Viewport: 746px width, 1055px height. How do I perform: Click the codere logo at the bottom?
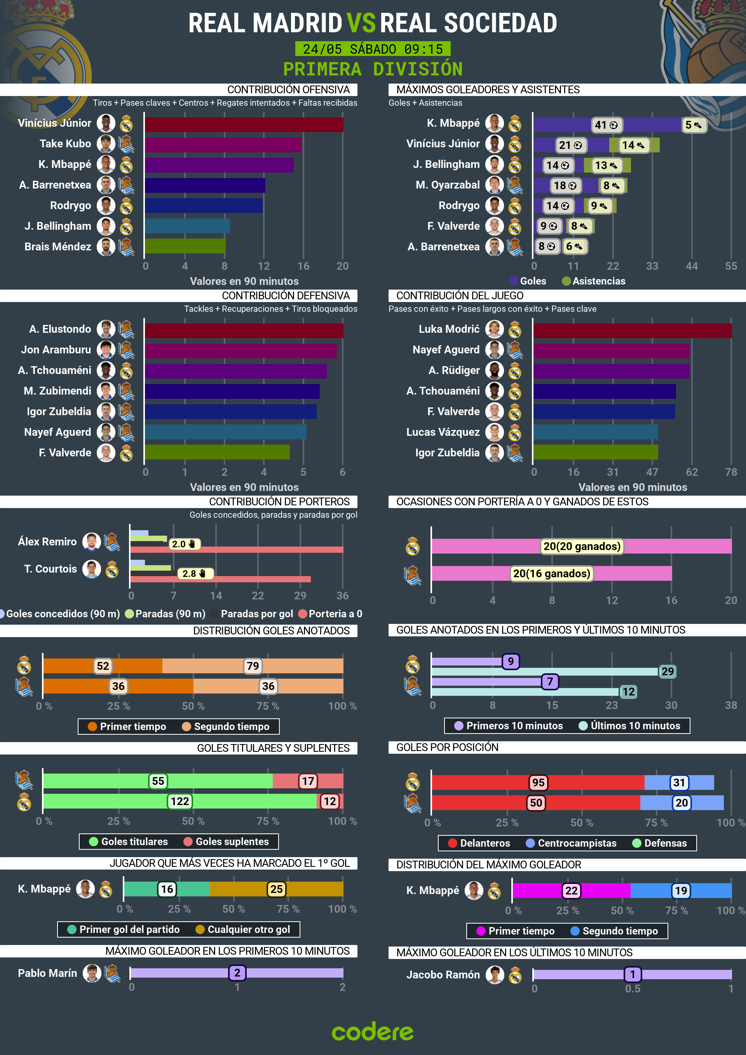point(373,1032)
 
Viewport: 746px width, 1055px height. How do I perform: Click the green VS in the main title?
point(361,23)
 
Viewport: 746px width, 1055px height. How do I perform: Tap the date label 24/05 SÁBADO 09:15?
point(373,49)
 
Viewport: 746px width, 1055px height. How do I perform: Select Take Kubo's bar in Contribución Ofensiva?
point(223,145)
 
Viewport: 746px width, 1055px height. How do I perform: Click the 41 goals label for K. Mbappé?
point(606,125)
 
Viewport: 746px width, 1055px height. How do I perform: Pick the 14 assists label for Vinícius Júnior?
point(633,145)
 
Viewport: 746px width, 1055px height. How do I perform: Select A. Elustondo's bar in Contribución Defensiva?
point(244,330)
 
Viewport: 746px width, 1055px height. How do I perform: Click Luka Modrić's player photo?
point(495,329)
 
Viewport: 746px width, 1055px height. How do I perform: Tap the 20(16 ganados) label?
point(551,573)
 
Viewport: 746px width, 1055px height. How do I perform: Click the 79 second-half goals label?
point(253,666)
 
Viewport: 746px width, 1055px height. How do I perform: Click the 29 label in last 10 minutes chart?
point(667,671)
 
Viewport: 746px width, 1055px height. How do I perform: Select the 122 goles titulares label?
point(180,802)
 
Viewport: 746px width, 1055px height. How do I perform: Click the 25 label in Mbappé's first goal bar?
point(276,889)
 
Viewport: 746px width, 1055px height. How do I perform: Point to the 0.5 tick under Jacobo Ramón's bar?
point(632,989)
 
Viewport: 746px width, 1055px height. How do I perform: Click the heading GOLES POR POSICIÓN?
point(447,747)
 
